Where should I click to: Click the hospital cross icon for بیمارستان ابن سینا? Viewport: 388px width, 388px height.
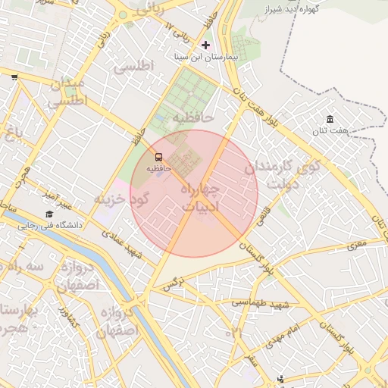coord(205,45)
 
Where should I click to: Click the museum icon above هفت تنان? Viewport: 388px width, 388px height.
coord(330,119)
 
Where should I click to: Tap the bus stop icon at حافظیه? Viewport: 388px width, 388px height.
coord(158,157)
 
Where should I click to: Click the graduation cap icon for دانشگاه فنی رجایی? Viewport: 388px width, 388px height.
coord(49,214)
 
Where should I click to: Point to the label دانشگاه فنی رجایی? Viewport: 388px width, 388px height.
coord(50,225)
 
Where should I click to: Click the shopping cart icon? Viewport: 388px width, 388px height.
coord(14,77)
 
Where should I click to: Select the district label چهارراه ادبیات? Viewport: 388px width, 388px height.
coord(200,196)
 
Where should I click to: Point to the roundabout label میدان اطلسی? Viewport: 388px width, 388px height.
coord(68,92)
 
